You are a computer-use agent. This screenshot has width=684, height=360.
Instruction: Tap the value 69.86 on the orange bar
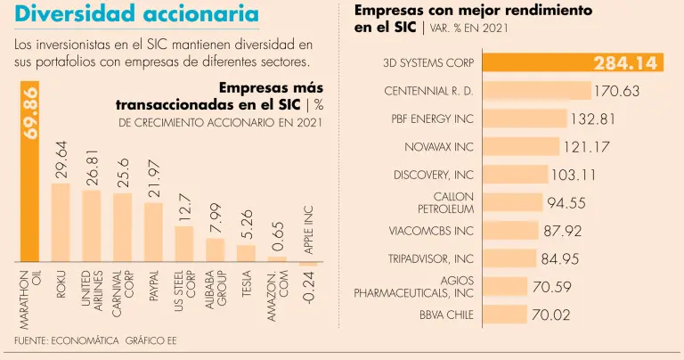(x=30, y=112)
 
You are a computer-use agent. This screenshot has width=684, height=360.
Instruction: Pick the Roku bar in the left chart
(x=61, y=223)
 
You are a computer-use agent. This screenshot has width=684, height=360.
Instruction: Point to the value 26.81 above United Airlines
(x=91, y=168)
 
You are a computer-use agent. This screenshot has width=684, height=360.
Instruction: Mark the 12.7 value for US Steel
(x=183, y=208)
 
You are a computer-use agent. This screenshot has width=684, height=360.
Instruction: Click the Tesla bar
(x=246, y=255)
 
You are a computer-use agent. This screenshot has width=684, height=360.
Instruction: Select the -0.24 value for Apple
(x=306, y=290)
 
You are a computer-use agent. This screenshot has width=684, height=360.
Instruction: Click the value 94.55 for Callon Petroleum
(x=566, y=202)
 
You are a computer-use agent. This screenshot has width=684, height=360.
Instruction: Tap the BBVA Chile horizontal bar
(x=502, y=315)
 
